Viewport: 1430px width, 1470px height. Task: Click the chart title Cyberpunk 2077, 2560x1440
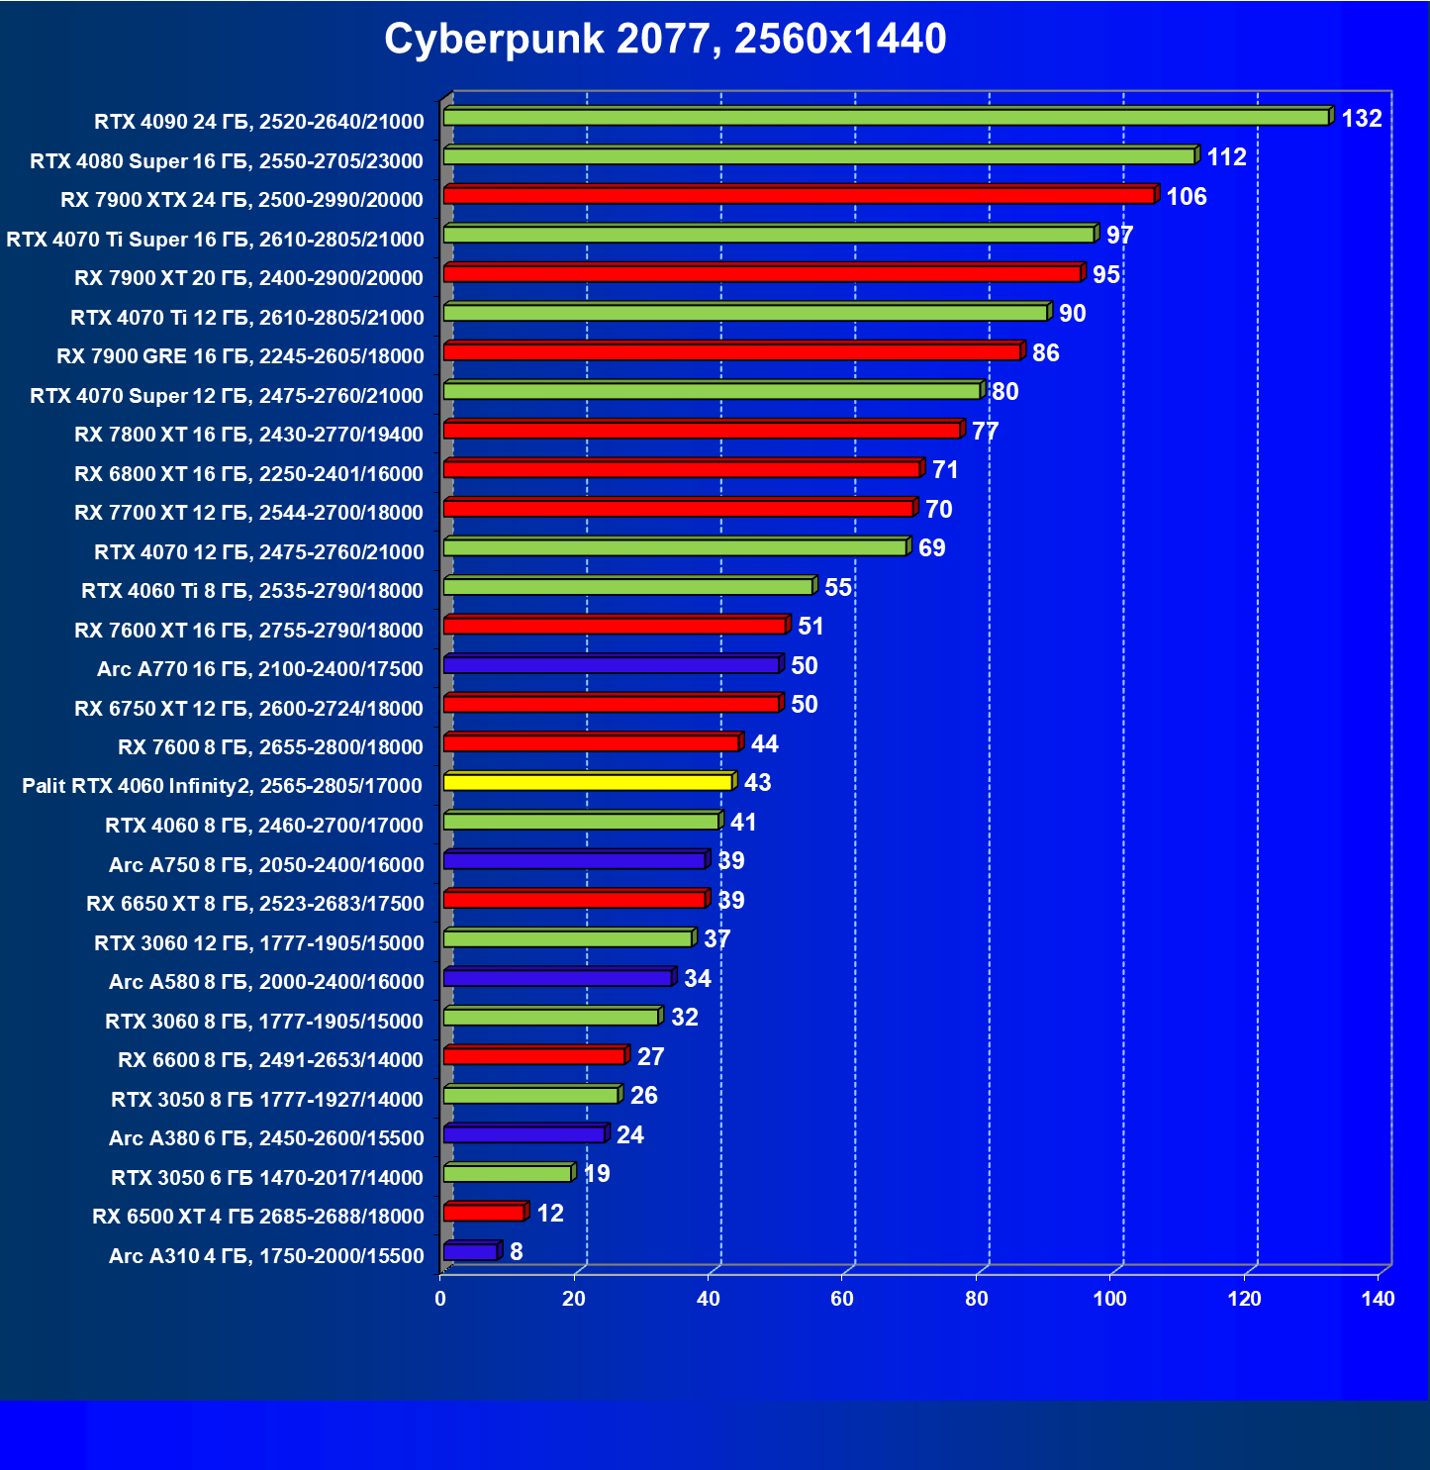[665, 40]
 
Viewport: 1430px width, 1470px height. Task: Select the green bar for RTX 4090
[886, 118]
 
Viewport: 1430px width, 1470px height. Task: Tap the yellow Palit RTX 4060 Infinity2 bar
[588, 782]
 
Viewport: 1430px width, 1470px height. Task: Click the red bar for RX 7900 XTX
[799, 196]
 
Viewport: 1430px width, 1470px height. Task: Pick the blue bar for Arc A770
[612, 665]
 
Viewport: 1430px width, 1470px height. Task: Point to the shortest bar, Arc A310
[470, 1252]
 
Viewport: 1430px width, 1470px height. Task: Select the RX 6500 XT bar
[484, 1213]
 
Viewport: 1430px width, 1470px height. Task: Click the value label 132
[1361, 119]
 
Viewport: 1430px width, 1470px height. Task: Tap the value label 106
[1186, 197]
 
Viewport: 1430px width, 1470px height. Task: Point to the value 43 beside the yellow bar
[757, 783]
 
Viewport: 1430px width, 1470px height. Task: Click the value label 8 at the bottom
[516, 1252]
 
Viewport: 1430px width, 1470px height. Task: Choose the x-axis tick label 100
[1109, 1299]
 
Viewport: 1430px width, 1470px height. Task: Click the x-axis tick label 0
[440, 1299]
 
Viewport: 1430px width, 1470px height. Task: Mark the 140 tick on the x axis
[1378, 1299]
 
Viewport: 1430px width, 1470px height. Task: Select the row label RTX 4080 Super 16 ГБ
[227, 161]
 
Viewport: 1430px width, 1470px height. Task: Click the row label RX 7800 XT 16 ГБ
[248, 435]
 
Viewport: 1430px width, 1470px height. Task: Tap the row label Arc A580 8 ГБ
[266, 982]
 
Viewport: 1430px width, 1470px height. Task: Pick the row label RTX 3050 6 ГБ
[267, 1177]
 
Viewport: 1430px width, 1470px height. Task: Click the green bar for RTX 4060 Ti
[628, 587]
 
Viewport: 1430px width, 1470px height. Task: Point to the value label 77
[985, 432]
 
